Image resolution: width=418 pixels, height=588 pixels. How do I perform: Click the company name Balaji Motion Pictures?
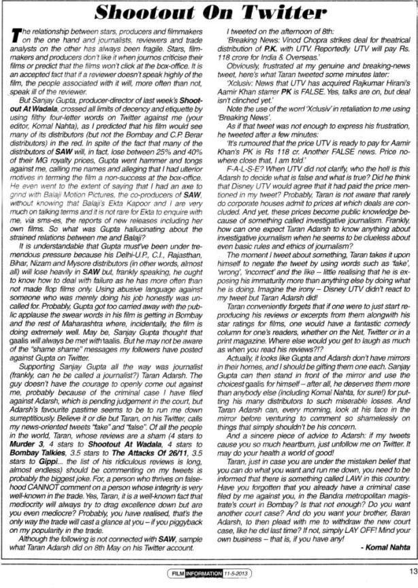point(76,180)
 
